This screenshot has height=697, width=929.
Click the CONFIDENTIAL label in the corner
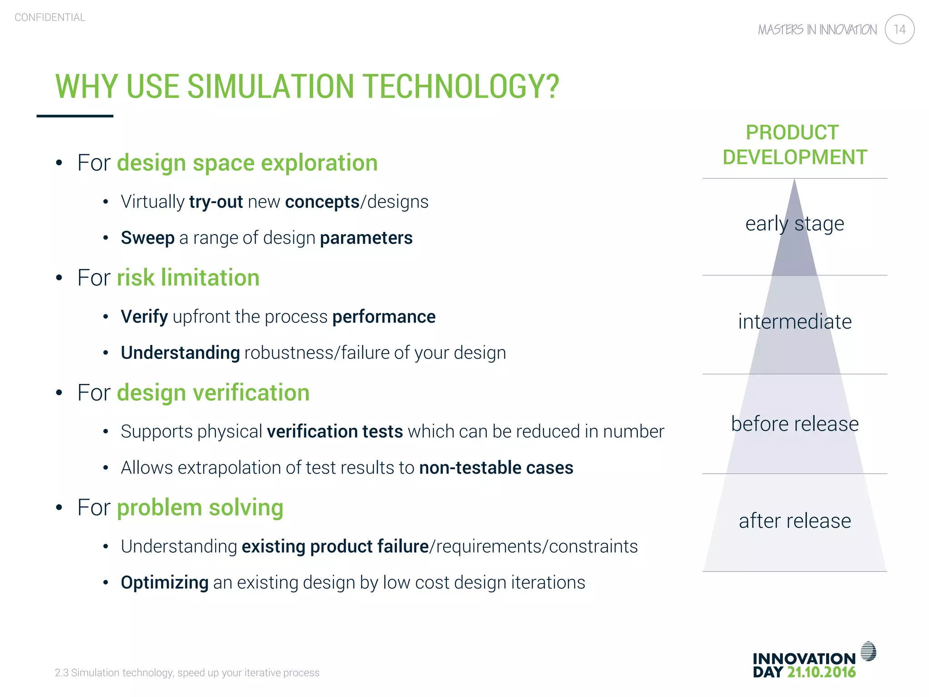(x=50, y=17)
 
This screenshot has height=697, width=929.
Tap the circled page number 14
(x=899, y=29)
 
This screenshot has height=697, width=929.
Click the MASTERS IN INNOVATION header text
(x=817, y=30)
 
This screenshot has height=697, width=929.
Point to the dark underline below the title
(x=75, y=116)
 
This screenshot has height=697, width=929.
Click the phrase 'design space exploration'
(x=247, y=163)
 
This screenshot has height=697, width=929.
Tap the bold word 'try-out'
(x=216, y=202)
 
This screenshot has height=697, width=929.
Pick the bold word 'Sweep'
(x=147, y=238)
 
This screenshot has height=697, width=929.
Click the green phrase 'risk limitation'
(x=188, y=278)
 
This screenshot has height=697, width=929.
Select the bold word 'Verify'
(x=144, y=317)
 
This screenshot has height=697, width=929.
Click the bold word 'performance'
(x=384, y=317)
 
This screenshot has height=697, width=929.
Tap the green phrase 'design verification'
(x=213, y=393)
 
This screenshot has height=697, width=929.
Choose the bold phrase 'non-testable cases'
(x=496, y=468)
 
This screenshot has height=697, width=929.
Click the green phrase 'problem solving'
(x=200, y=507)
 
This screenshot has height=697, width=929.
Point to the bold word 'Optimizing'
(x=164, y=583)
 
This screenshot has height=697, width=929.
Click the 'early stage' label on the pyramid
(x=794, y=224)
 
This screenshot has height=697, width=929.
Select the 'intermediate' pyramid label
(x=795, y=322)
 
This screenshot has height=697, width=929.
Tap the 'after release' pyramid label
(x=795, y=521)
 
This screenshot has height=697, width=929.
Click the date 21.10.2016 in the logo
(x=821, y=672)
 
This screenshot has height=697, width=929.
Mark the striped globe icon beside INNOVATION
(x=868, y=651)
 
